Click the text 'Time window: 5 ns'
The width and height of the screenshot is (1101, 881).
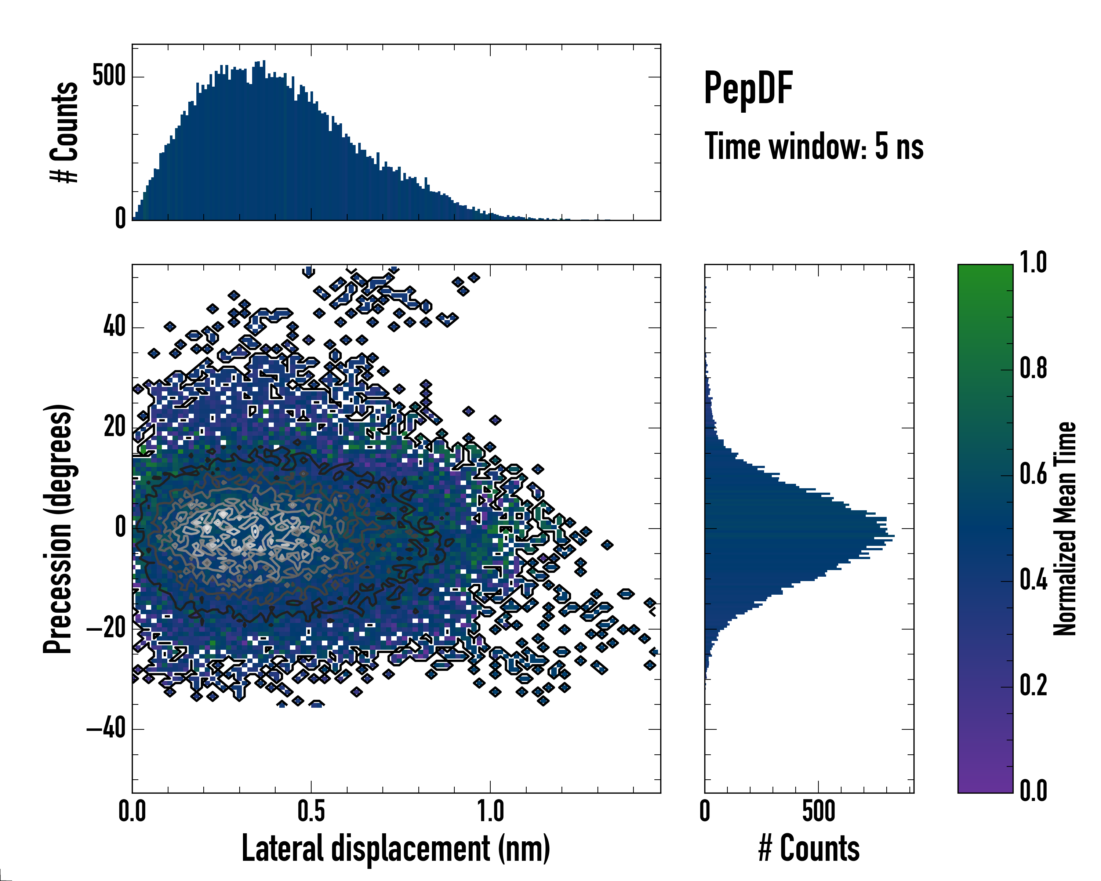(x=814, y=146)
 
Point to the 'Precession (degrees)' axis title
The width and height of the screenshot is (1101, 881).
(x=58, y=529)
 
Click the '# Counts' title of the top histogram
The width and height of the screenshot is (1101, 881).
(x=64, y=132)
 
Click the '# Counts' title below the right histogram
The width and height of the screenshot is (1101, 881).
(x=809, y=848)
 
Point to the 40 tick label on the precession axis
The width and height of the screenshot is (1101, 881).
(x=115, y=326)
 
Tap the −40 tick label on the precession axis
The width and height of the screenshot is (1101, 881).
(x=106, y=729)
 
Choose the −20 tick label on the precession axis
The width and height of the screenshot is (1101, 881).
(x=106, y=628)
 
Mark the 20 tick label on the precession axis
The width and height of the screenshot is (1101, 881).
(x=115, y=427)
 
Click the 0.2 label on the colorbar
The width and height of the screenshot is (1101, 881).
(x=1033, y=685)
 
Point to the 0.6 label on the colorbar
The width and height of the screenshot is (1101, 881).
(x=1033, y=474)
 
